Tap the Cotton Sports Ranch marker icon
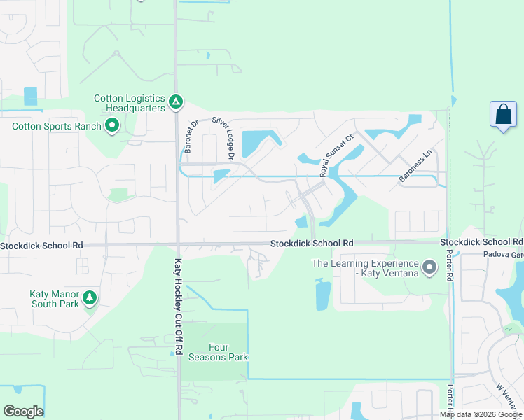pos(111,126)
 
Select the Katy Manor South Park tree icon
pos(89,297)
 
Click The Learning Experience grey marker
pos(429,267)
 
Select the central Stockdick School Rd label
pos(312,243)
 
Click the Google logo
pos(23,411)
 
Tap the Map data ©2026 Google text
pos(481,414)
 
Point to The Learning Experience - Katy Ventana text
pos(365,268)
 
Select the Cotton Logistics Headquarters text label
pos(130,103)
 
